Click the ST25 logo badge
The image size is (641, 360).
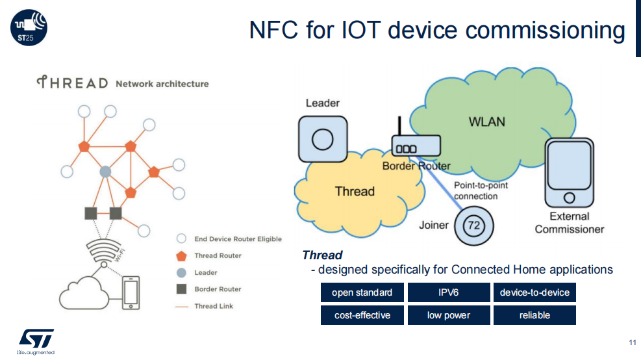pos(29,28)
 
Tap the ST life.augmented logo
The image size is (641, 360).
pos(36,342)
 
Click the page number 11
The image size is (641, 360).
pos(633,342)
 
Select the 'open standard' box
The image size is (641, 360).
pos(362,292)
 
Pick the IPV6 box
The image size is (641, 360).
pos(449,292)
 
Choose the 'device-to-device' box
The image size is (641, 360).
pos(534,292)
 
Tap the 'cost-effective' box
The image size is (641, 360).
pos(362,315)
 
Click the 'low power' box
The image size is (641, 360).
pos(449,315)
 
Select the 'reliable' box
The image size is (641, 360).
pos(534,315)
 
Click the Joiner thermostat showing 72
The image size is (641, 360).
pos(474,225)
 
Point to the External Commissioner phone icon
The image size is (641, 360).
pos(569,173)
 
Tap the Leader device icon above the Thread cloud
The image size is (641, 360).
pos(323,139)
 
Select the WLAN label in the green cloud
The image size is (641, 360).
pos(486,122)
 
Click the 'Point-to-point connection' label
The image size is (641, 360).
pos(481,190)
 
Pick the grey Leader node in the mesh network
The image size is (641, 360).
pos(105,172)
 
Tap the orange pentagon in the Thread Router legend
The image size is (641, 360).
pos(181,256)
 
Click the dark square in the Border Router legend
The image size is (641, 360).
pos(181,289)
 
